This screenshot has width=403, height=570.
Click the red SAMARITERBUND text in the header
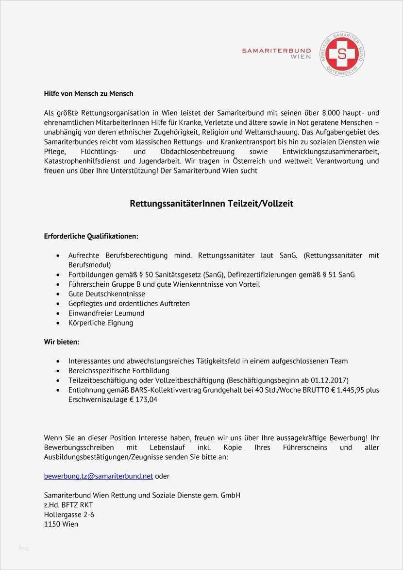pos(277,50)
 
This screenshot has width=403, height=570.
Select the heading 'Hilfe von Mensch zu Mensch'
pos(88,93)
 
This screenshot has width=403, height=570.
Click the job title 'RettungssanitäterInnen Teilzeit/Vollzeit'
pos(211,204)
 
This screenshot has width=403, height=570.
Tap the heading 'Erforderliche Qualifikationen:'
pos(91,236)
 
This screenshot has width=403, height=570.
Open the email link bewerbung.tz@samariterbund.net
pos(98,476)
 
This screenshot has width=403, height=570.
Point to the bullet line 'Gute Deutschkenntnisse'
pos(106,294)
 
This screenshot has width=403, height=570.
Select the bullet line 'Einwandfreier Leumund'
pos(106,313)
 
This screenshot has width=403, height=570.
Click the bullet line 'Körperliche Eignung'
pos(101,323)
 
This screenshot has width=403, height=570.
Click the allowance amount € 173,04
pos(137,399)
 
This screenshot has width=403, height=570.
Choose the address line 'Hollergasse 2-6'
pos(69,515)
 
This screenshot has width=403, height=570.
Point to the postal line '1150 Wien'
pos(61,524)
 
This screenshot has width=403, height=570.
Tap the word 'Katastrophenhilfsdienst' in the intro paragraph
pos(82,161)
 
